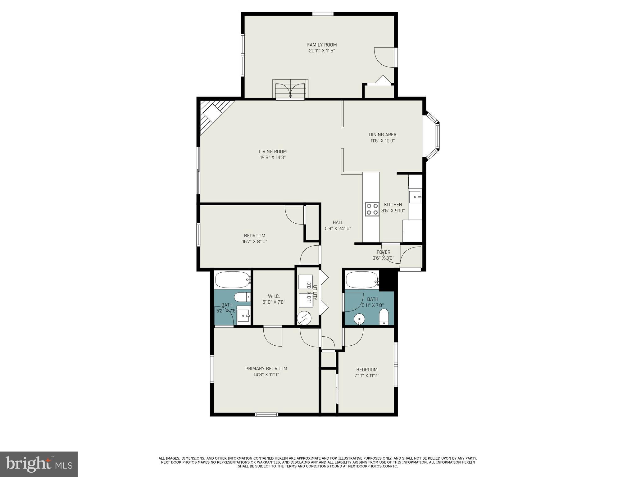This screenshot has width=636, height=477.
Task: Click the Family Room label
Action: click(x=322, y=45)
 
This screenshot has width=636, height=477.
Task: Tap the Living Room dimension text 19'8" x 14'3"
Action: click(x=273, y=157)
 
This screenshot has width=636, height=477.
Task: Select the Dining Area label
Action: click(x=382, y=134)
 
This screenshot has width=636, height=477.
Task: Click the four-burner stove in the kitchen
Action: click(x=372, y=209)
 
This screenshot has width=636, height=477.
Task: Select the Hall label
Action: click(x=338, y=222)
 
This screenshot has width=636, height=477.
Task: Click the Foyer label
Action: click(x=383, y=252)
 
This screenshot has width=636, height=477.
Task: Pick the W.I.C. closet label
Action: click(x=274, y=296)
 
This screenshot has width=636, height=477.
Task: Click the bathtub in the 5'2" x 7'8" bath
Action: click(x=232, y=280)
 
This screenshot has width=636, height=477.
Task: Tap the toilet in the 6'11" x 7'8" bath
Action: click(x=384, y=317)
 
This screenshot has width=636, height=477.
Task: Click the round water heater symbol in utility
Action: click(x=304, y=318)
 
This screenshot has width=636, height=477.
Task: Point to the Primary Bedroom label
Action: click(x=266, y=369)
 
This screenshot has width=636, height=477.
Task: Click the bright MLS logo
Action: click(x=39, y=464)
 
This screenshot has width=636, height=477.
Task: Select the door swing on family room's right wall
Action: click(x=384, y=57)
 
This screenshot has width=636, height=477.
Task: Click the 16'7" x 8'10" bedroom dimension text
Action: click(x=254, y=241)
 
